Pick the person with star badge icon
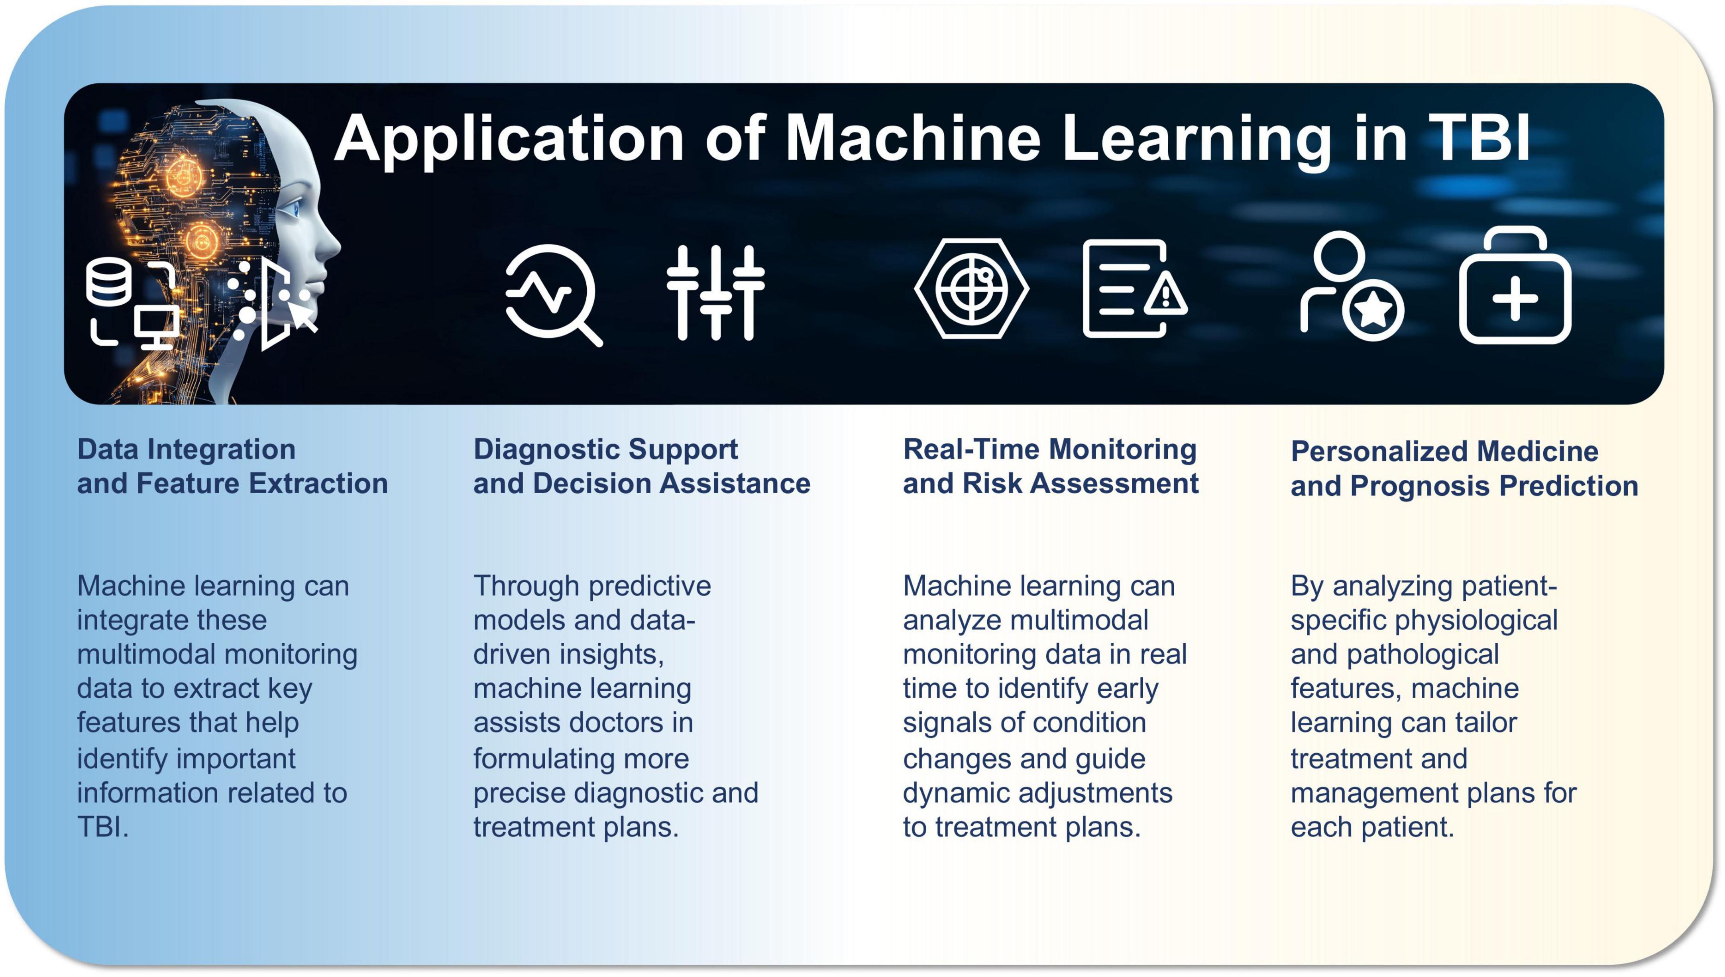pyautogui.click(x=1351, y=287)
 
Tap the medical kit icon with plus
pyautogui.click(x=1515, y=287)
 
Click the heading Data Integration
pyautogui.click(x=186, y=449)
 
